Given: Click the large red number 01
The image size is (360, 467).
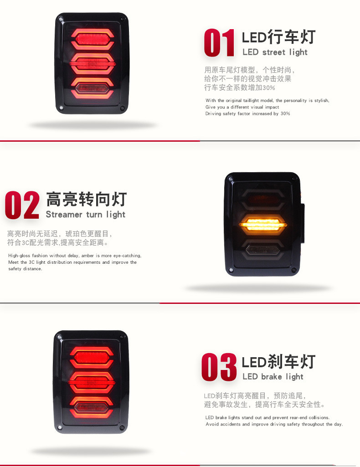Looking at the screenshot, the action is [x=219, y=42].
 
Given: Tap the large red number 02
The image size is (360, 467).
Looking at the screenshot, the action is [x=22, y=205].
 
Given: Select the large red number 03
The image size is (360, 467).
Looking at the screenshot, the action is [x=219, y=367].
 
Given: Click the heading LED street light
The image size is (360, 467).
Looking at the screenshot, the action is [x=275, y=52].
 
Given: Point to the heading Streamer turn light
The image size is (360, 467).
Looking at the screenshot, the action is [x=86, y=215].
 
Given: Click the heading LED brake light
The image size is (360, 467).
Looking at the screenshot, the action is [x=273, y=377].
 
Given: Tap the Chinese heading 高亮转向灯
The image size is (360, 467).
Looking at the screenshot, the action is [x=87, y=199].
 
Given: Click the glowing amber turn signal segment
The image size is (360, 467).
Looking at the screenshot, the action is [x=263, y=225].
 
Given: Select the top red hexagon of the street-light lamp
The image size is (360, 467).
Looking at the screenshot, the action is [x=93, y=39].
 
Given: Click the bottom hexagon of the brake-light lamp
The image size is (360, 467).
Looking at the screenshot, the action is [x=92, y=407].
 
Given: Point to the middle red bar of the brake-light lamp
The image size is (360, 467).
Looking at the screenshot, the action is [x=92, y=382].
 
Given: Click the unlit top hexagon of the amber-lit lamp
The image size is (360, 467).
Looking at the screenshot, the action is [x=262, y=199].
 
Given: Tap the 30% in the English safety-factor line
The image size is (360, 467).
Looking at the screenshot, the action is [x=285, y=113].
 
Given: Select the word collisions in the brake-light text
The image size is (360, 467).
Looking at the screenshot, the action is [x=319, y=417].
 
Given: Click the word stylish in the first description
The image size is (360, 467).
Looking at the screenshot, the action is [x=322, y=101].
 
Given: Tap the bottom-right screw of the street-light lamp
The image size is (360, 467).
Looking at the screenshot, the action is [x=122, y=108].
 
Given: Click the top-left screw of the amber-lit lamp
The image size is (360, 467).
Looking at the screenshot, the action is [x=230, y=180].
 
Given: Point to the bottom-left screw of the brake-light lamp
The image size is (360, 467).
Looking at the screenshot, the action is [x=60, y=427].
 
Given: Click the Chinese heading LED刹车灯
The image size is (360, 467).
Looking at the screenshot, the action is [x=279, y=362].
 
